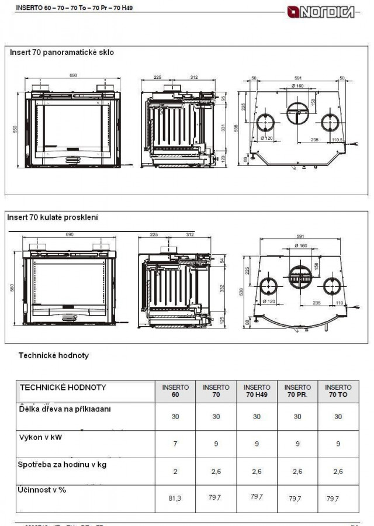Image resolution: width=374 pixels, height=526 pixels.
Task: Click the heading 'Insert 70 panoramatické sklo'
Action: point(61,52)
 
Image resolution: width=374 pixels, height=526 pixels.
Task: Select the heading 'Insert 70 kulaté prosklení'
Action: point(53,217)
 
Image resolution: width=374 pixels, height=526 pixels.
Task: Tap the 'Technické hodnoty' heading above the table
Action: point(53,355)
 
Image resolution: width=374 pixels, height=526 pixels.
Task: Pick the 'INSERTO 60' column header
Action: point(175,391)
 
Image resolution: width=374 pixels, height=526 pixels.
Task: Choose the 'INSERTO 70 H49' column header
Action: point(257,391)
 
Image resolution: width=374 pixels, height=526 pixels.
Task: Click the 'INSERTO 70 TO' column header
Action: point(338,391)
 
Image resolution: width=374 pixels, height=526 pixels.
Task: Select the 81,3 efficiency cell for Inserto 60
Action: point(175,498)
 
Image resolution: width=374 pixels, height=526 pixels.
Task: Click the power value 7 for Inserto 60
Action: point(175,444)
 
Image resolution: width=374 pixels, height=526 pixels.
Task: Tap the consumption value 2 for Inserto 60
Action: point(175,471)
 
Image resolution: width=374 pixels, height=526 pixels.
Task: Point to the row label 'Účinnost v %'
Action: point(43,490)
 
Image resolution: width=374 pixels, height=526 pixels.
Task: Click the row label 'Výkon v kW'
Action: point(40,437)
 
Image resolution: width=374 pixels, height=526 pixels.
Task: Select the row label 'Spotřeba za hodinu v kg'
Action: point(63,465)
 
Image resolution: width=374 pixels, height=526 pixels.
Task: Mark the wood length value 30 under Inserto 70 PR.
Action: point(297,417)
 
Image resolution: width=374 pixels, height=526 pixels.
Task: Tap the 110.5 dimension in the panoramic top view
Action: point(337,140)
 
